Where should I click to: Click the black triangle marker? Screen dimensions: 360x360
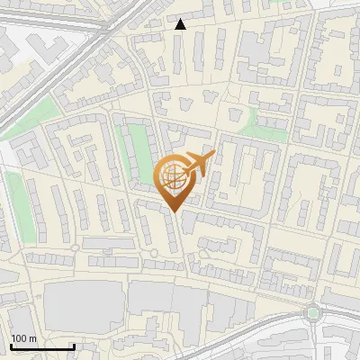pyautogui.click(x=181, y=24)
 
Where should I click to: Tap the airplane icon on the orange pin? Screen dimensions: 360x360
pyautogui.click(x=198, y=165)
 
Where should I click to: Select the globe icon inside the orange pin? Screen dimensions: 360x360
pyautogui.click(x=174, y=177)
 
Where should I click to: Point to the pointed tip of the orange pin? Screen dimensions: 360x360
pyautogui.click(x=174, y=211)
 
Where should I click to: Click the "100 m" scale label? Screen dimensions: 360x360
pyautogui.click(x=24, y=337)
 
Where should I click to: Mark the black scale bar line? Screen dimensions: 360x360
pyautogui.click(x=42, y=346)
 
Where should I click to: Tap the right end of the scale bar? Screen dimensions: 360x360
pyautogui.click(x=74, y=346)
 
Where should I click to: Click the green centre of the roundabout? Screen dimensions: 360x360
pyautogui.click(x=313, y=313)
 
